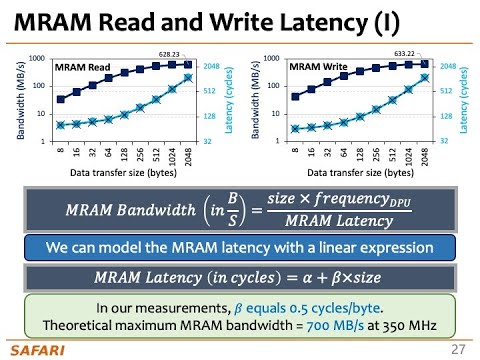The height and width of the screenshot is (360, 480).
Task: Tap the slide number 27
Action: tap(458, 348)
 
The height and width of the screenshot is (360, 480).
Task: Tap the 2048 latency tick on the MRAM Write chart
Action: tap(447, 66)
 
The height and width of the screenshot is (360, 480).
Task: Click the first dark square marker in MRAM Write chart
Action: tap(294, 97)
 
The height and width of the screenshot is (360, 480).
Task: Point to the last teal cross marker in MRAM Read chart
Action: tap(188, 77)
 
